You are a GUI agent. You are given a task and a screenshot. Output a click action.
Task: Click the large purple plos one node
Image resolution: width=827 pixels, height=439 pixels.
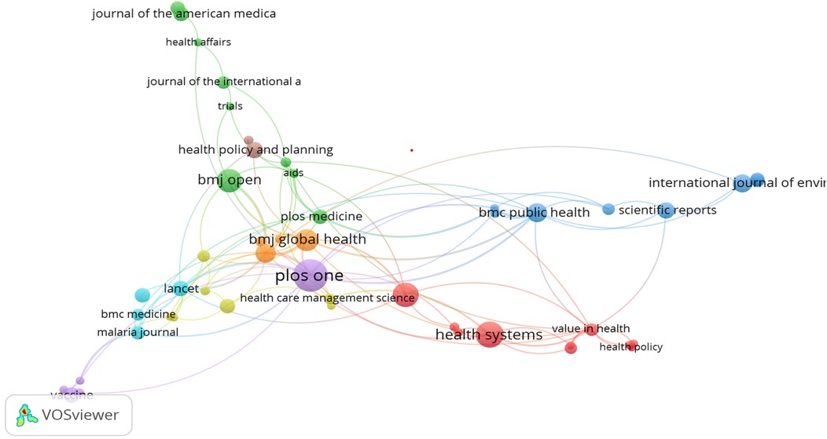tap(311, 276)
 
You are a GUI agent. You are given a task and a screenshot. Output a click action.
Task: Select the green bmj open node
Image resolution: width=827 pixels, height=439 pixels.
tap(229, 181)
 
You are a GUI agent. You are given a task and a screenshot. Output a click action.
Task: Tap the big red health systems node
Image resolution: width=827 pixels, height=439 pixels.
tap(489, 335)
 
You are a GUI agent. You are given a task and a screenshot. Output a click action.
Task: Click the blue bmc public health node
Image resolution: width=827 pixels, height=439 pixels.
tap(536, 212)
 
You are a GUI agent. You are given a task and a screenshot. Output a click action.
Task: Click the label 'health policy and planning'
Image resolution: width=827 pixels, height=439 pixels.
tap(255, 149)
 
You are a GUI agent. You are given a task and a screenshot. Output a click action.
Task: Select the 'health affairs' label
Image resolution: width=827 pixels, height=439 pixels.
tap(198, 42)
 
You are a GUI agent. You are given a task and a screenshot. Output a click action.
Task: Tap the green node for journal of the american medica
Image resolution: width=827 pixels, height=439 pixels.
tap(178, 10)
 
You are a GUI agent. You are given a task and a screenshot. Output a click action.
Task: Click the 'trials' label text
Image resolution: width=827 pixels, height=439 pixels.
tap(230, 106)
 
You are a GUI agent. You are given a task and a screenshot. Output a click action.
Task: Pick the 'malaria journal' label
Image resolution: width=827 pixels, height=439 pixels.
tap(138, 332)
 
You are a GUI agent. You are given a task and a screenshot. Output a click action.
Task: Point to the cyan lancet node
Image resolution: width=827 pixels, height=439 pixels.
tap(180, 289)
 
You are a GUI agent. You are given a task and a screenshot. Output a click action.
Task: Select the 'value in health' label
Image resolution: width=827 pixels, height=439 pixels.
tap(590, 328)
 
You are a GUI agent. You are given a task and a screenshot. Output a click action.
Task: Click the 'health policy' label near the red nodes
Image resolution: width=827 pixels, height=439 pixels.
tap(631, 347)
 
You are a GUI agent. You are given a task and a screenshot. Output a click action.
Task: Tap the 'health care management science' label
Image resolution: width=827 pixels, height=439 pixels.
tap(327, 298)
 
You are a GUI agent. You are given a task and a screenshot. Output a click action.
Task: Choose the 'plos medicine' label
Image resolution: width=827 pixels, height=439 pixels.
tap(322, 217)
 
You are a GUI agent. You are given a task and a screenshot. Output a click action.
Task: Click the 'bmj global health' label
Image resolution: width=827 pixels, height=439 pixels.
tap(307, 240)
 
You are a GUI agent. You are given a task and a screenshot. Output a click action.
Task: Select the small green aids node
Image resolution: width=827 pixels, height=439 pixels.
tap(293, 174)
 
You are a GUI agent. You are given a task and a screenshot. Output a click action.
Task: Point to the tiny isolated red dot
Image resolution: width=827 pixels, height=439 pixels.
tap(411, 149)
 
